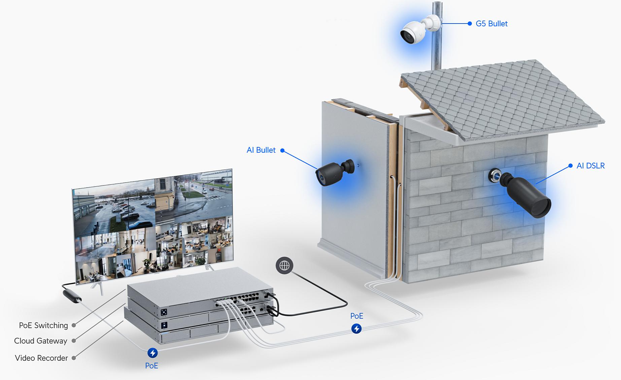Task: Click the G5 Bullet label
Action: pyautogui.click(x=491, y=24)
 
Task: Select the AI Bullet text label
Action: pyautogui.click(x=261, y=150)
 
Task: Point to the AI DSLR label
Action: pyautogui.click(x=590, y=165)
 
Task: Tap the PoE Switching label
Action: pyautogui.click(x=43, y=325)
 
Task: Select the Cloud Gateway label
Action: pyautogui.click(x=41, y=341)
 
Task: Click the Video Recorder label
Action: pyautogui.click(x=41, y=358)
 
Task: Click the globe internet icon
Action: pyautogui.click(x=284, y=265)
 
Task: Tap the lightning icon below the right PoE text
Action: pyautogui.click(x=356, y=329)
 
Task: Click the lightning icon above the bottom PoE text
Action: pyautogui.click(x=152, y=353)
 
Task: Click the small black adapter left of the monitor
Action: pyautogui.click(x=72, y=296)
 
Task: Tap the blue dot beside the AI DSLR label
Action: pyautogui.click(x=570, y=165)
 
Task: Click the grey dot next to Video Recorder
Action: pyautogui.click(x=74, y=358)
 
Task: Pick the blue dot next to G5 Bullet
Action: pyautogui.click(x=470, y=24)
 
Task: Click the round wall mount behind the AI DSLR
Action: pyautogui.click(x=494, y=175)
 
